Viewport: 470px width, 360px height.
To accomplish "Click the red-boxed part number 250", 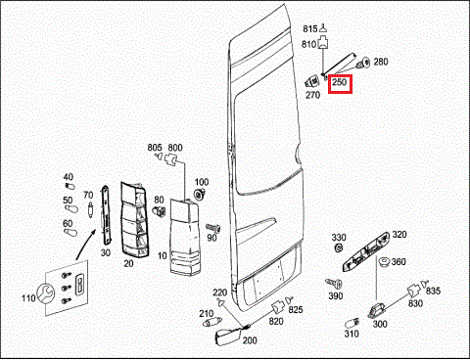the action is (x=339, y=82).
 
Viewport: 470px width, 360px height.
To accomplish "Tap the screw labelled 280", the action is (x=363, y=63).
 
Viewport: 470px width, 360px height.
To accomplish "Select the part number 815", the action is (x=309, y=29).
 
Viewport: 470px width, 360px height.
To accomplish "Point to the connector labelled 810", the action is (x=323, y=42).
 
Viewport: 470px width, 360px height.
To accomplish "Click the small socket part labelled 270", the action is (x=312, y=80).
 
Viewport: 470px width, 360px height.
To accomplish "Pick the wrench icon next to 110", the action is (x=46, y=293).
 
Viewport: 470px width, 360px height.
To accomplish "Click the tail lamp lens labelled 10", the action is (x=184, y=238).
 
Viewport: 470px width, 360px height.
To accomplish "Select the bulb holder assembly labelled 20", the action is (x=135, y=219).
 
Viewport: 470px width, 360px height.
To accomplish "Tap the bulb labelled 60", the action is (x=70, y=232).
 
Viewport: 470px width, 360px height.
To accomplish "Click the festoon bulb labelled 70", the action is (x=90, y=209).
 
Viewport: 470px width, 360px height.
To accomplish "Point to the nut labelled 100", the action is (x=199, y=195).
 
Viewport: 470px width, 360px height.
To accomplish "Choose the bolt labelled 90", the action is (x=213, y=228).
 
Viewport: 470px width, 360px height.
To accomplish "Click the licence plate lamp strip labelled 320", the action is (x=366, y=251).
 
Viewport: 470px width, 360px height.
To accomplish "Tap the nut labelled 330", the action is (x=339, y=247).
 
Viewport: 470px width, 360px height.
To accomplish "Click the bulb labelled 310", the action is (x=352, y=324).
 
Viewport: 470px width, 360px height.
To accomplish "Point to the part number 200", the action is (x=250, y=340).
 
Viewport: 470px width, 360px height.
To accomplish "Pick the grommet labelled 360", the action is (x=384, y=261).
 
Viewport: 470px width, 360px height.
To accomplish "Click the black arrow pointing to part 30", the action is (x=86, y=245).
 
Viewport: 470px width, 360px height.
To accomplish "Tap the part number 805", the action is (x=155, y=148).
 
